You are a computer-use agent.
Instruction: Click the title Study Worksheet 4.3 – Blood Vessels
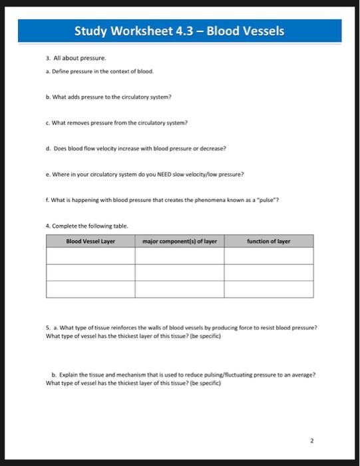[179, 31]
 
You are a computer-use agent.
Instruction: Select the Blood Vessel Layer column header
[90, 241]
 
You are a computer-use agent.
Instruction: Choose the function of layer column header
[268, 241]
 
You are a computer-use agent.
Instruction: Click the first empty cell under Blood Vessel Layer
[90, 256]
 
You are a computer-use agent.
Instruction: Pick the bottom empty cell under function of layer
[268, 289]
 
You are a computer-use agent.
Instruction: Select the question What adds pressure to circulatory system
[109, 97]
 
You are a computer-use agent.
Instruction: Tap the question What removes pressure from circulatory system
[117, 122]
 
